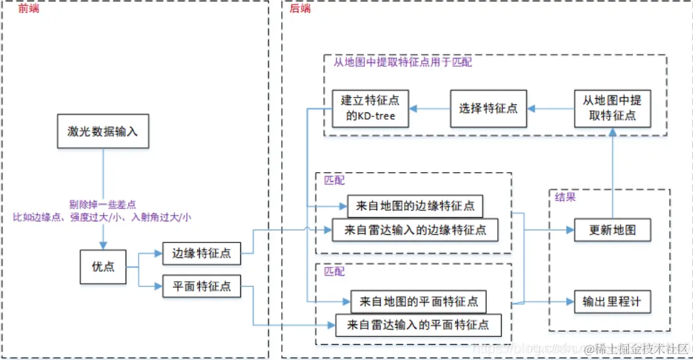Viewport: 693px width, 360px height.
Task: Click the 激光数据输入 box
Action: tap(102, 131)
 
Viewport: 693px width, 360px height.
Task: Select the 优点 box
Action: tap(103, 267)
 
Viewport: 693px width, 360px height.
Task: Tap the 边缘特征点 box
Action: tap(201, 253)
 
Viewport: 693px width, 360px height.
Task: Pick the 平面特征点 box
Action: tap(201, 286)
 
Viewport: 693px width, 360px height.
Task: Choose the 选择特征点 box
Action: tap(488, 108)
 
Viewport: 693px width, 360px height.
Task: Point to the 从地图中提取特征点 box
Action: tap(612, 108)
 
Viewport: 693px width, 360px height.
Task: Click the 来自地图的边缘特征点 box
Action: tap(415, 206)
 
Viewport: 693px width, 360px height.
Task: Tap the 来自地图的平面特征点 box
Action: tap(418, 302)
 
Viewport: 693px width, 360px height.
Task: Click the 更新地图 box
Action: tap(612, 231)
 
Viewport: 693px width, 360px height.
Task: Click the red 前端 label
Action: tap(29, 8)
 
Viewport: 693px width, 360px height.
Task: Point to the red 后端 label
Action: tap(300, 8)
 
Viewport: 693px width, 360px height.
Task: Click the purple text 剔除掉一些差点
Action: tap(102, 204)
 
